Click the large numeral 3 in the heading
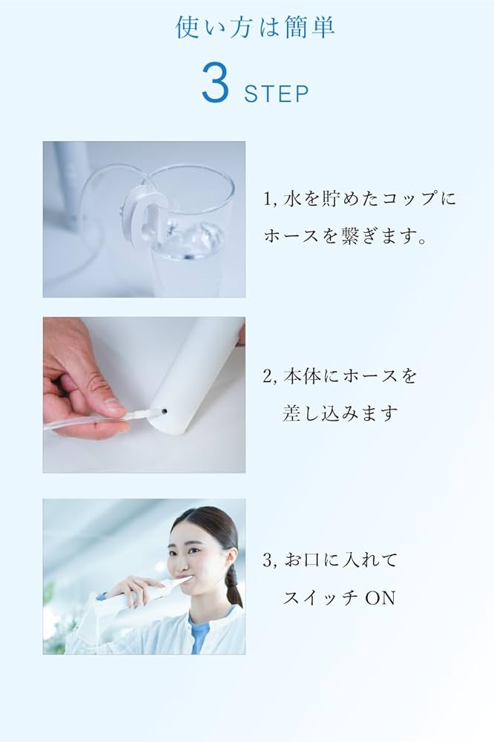point(215,86)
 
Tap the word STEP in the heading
point(276,94)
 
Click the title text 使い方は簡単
point(255,27)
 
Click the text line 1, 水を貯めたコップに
point(360,199)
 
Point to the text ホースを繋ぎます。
point(345,237)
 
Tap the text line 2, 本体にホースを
point(339,376)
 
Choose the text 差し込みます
point(340,414)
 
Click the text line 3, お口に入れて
point(329,560)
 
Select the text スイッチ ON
point(339,597)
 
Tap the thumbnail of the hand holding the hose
point(144,395)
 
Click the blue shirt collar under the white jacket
point(200,631)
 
